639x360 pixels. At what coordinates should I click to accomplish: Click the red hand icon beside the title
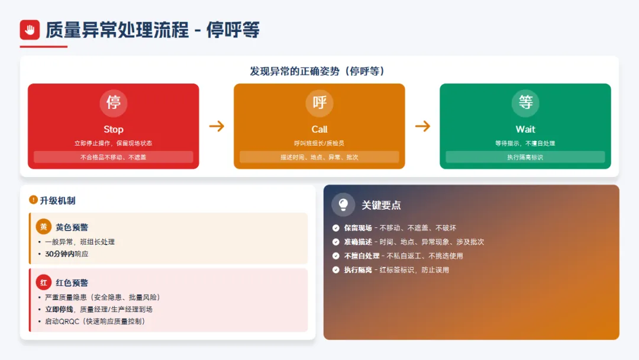click(30, 30)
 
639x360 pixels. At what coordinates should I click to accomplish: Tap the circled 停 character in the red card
click(113, 102)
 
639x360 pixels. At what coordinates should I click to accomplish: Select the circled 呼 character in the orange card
click(319, 102)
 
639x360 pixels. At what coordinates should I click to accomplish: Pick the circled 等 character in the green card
click(525, 102)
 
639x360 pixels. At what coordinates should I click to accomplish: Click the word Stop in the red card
click(113, 129)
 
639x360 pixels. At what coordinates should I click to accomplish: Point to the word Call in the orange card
click(319, 129)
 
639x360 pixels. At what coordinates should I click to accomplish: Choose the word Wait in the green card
click(525, 129)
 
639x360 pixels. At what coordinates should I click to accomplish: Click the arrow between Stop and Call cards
click(217, 126)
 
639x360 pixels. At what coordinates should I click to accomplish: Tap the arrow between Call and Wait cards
click(422, 126)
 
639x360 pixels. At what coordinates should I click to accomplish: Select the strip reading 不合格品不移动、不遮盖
click(113, 157)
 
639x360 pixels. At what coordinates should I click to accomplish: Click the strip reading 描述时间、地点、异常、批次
click(319, 157)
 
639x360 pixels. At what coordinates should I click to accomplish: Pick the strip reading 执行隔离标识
click(525, 157)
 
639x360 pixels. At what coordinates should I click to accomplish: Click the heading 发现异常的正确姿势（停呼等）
click(319, 71)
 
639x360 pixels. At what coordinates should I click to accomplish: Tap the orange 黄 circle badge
click(44, 227)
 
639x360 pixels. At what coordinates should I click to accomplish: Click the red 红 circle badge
click(44, 282)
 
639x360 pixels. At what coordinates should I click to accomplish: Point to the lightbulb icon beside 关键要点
click(343, 205)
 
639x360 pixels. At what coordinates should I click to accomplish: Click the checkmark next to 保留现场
click(336, 228)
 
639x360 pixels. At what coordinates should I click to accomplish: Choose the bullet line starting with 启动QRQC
click(95, 321)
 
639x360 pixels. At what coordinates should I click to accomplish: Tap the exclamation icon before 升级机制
click(33, 200)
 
